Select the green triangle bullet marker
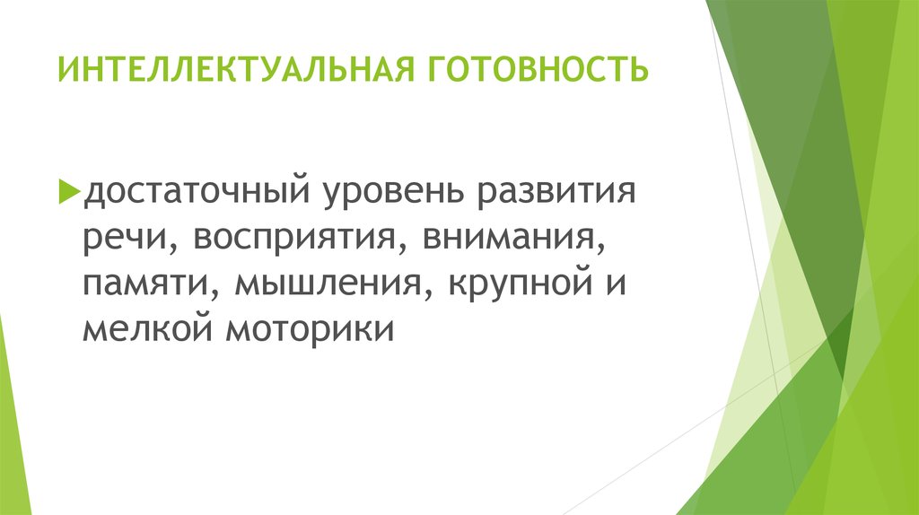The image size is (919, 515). point(69,191)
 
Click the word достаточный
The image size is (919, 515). point(197,193)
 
